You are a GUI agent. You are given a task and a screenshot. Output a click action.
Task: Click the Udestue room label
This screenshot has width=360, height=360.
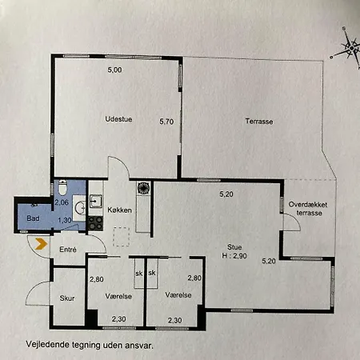(x=118, y=119)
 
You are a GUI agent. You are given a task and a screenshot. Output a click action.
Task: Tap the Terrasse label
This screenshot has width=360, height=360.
(x=259, y=122)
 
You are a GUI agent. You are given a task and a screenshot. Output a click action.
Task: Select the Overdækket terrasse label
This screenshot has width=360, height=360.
(x=308, y=209)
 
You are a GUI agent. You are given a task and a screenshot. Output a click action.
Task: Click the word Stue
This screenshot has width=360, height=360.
(x=234, y=247)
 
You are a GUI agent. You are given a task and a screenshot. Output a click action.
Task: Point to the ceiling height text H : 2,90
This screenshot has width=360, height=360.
(x=234, y=256)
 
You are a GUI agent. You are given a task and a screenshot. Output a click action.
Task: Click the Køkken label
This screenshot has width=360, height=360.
(x=119, y=210)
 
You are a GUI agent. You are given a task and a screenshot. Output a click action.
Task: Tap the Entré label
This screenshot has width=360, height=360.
(x=68, y=250)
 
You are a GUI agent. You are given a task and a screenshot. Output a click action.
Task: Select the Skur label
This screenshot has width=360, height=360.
(x=67, y=298)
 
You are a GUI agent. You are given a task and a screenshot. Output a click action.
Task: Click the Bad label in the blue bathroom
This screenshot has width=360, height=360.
(x=33, y=218)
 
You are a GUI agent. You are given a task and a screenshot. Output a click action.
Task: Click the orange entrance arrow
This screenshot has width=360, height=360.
(x=41, y=244)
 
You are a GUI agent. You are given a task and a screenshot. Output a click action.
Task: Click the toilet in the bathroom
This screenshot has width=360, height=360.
(x=62, y=187)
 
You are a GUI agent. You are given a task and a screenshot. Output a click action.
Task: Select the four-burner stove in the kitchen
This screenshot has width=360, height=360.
(x=95, y=223)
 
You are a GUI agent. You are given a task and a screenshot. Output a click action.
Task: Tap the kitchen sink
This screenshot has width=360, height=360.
(x=95, y=201)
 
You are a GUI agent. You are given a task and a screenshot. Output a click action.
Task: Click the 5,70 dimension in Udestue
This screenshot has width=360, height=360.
(x=166, y=122)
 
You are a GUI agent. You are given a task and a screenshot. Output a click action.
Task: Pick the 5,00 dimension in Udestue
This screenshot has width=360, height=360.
(x=114, y=70)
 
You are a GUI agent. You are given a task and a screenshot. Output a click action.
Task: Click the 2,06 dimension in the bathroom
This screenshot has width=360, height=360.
(x=62, y=202)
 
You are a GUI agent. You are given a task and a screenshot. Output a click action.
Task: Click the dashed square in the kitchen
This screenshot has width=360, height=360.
(x=121, y=237)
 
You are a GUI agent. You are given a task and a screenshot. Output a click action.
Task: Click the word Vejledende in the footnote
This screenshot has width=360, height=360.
(x=47, y=344)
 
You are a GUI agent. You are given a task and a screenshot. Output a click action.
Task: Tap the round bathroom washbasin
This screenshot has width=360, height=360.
(x=80, y=208)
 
